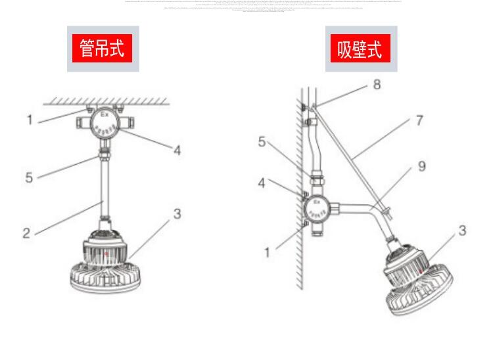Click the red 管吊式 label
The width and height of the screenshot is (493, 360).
pyautogui.click(x=102, y=48)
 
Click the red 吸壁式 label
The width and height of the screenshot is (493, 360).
pyautogui.click(x=360, y=49)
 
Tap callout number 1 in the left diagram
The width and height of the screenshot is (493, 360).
pyautogui.click(x=30, y=120)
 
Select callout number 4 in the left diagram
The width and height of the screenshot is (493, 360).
pyautogui.click(x=177, y=150)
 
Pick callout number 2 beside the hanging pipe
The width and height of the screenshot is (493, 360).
pyautogui.click(x=26, y=233)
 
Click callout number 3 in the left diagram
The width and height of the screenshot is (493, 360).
pyautogui.click(x=177, y=214)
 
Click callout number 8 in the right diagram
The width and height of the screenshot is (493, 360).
pyautogui.click(x=377, y=85)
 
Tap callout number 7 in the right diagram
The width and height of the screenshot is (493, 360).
pyautogui.click(x=419, y=121)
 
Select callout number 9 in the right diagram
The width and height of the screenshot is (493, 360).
pyautogui.click(x=421, y=167)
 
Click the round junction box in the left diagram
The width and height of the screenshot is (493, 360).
pyautogui.click(x=104, y=122)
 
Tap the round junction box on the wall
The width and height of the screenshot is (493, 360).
pyautogui.click(x=318, y=210)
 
